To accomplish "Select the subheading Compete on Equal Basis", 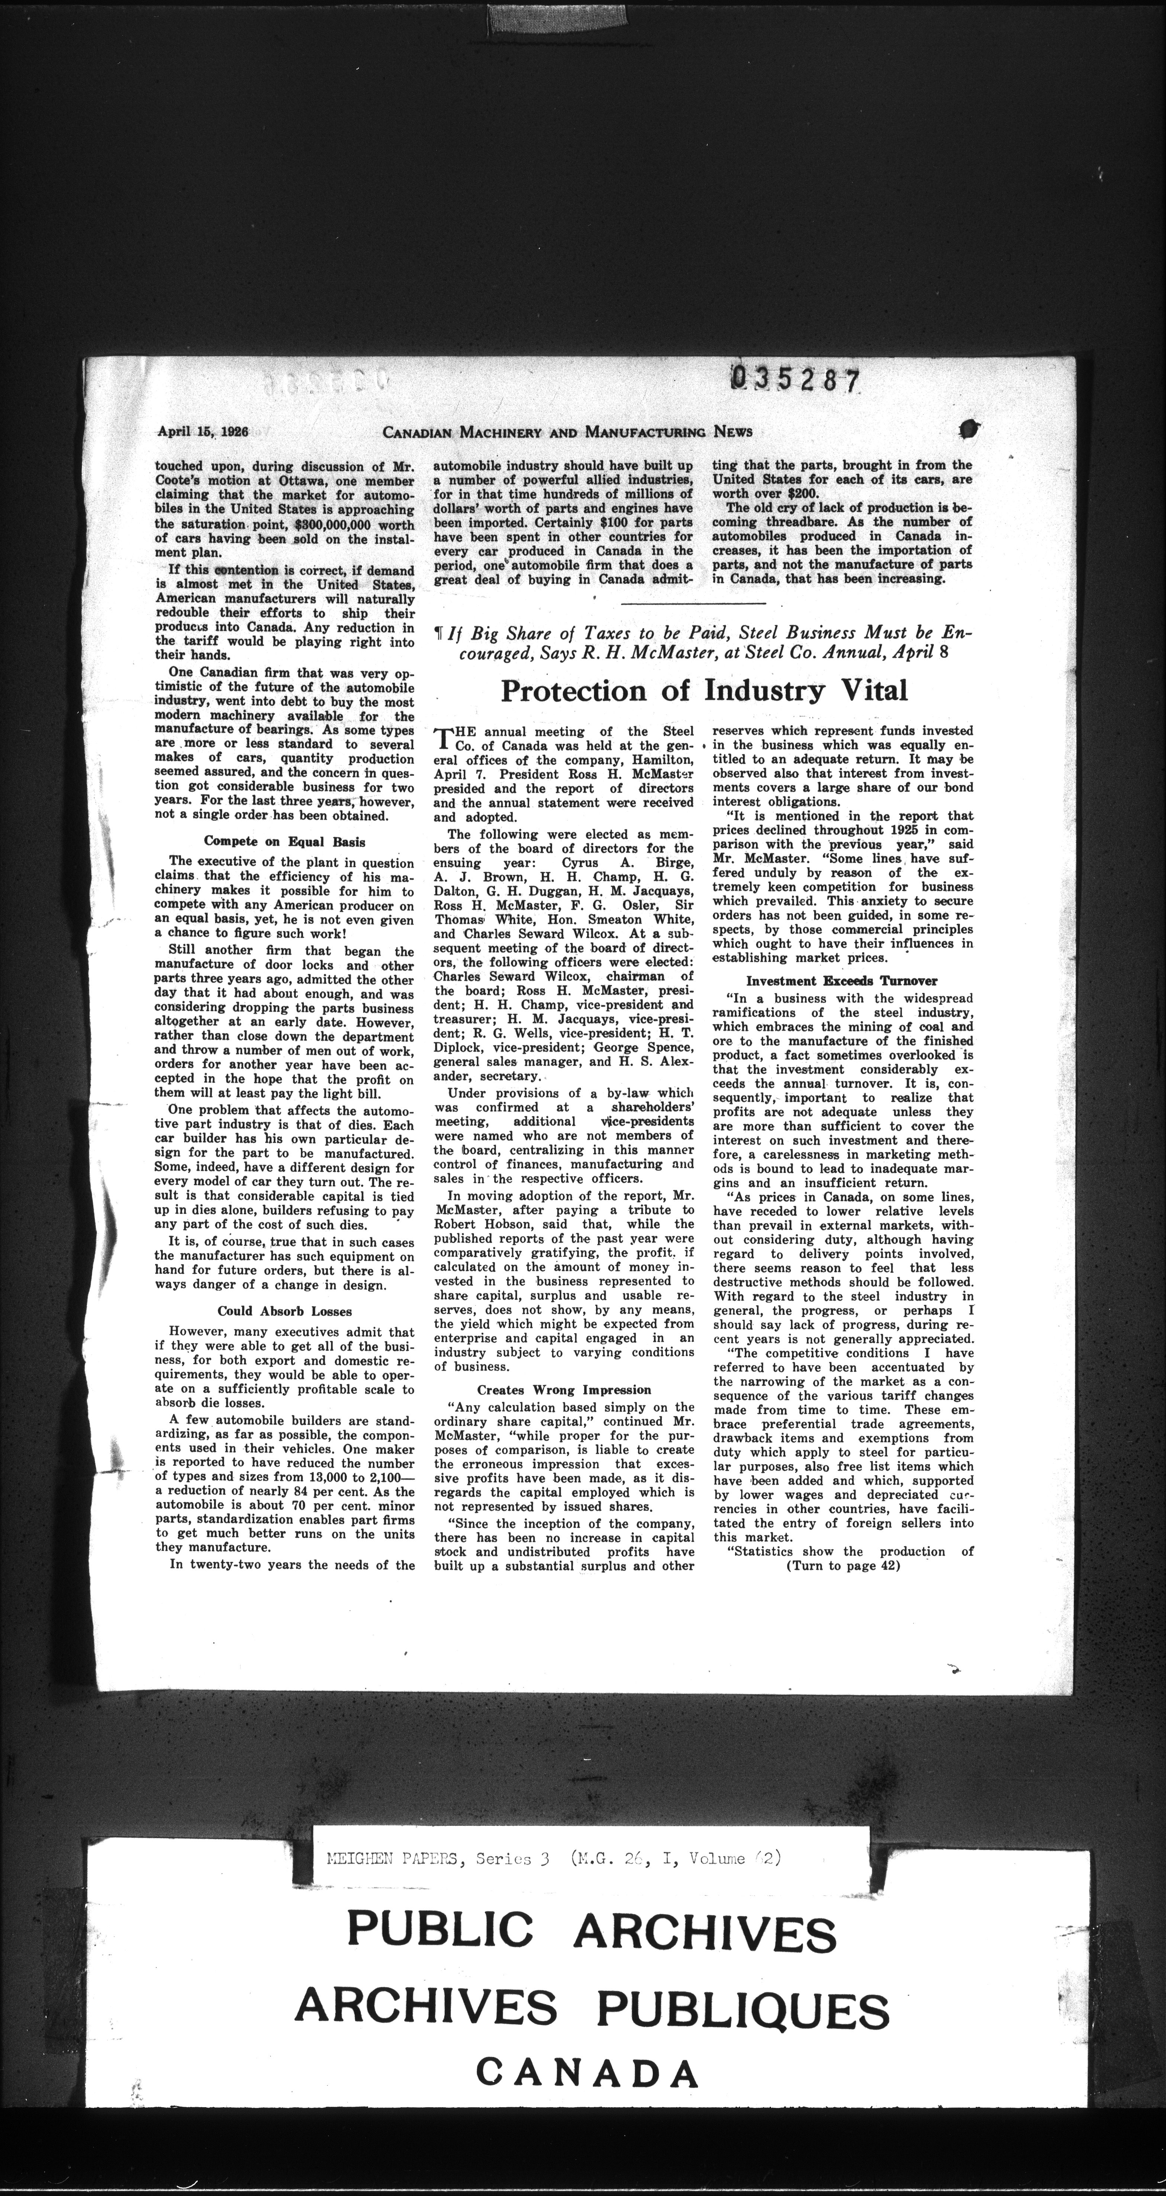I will click(285, 841).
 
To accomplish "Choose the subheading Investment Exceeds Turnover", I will click(841, 980).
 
